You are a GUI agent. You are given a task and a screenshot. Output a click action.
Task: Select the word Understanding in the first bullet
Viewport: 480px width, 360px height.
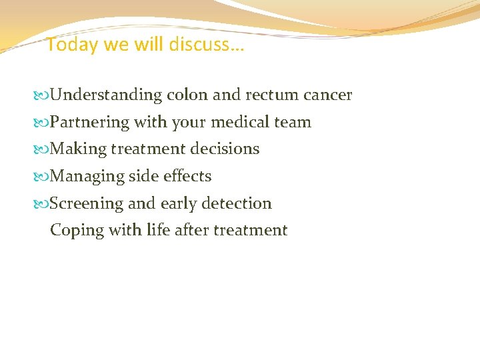pyautogui.click(x=106, y=95)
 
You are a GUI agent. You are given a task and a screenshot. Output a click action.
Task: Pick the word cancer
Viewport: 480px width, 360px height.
pyautogui.click(x=327, y=95)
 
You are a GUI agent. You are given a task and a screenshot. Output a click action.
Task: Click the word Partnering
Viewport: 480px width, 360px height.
pyautogui.click(x=90, y=123)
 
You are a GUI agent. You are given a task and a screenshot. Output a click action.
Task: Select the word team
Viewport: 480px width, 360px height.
pyautogui.click(x=293, y=123)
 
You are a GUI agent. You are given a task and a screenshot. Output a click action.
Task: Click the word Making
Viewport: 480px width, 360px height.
pyautogui.click(x=78, y=149)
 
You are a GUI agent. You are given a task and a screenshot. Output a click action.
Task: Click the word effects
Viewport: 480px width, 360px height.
pyautogui.click(x=187, y=177)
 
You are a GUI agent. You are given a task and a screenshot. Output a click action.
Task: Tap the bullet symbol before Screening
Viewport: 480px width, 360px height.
pyautogui.click(x=43, y=204)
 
